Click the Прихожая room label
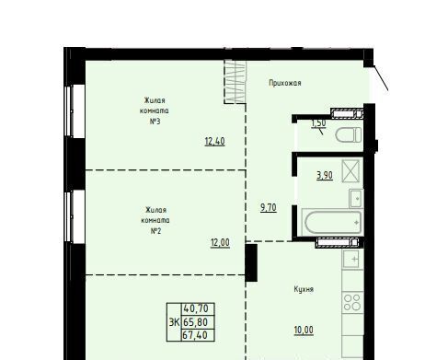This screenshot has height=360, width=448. tap(285, 83)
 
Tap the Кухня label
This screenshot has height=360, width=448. tap(304, 289)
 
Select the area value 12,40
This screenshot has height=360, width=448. tap(214, 142)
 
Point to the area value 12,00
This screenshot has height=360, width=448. tap(220, 243)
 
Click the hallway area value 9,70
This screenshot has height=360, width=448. tap(269, 208)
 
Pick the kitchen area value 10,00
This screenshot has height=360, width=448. tap(304, 331)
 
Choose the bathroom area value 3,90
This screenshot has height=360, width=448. tap(325, 175)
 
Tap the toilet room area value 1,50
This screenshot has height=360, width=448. tap(318, 123)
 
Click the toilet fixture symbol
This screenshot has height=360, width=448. tap(349, 135)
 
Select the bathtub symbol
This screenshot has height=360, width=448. tap(332, 223)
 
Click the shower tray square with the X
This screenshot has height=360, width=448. tap(350, 170)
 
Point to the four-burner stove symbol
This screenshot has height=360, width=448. tap(352, 302)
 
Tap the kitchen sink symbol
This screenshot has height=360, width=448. tap(352, 259)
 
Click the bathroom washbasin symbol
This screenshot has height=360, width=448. tap(356, 198)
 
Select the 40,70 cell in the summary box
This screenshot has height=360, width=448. tap(198, 308)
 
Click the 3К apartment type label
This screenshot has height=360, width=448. tap(174, 322)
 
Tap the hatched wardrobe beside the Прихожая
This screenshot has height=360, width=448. tap(235, 81)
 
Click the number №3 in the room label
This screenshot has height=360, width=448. tap(155, 122)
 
